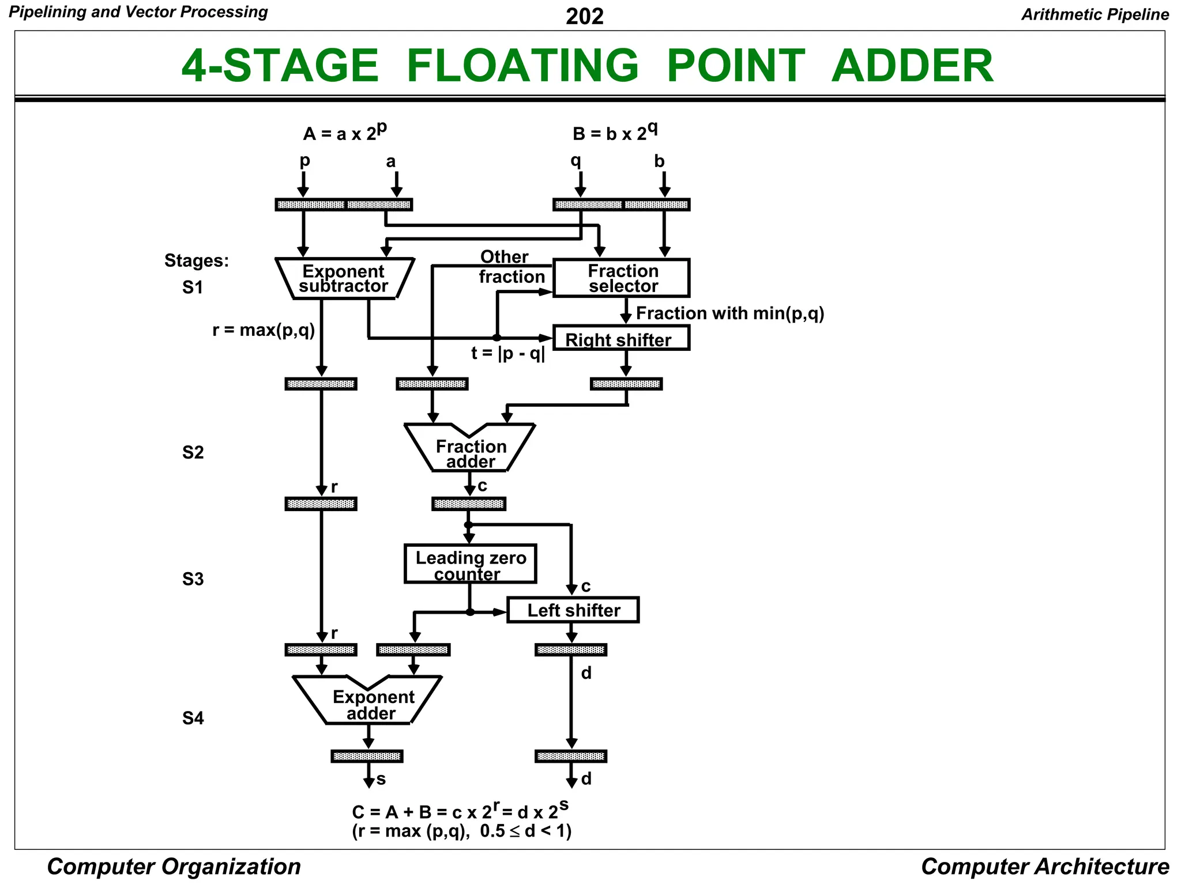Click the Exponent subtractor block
coord(344,278)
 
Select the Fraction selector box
coord(622,278)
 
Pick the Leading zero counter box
coord(470,565)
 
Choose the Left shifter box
coord(573,610)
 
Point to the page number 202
coord(584,16)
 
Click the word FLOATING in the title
coord(522,66)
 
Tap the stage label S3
coord(193,579)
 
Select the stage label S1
coord(193,288)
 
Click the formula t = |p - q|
coord(507,353)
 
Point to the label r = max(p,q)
coord(264,330)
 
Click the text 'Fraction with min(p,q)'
coord(729,313)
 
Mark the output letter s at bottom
coord(381,780)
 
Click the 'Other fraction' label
coord(507,267)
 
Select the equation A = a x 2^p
coord(344,133)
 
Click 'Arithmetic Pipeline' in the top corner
coord(1095,14)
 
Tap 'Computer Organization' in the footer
coord(174,867)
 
